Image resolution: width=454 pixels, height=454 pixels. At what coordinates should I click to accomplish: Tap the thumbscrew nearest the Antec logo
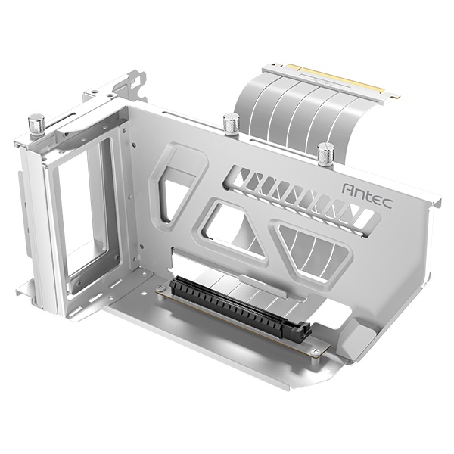coord(325,154)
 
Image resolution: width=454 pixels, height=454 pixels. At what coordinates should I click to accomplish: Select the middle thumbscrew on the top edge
coord(231,123)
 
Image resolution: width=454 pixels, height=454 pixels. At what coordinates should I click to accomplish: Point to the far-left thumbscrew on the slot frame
coord(36,123)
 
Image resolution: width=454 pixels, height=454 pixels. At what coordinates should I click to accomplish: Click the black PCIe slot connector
coord(238,307)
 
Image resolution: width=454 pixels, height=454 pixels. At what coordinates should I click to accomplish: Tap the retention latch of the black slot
coord(303,332)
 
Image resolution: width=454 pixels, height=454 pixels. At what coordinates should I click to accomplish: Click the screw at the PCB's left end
coord(161,289)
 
